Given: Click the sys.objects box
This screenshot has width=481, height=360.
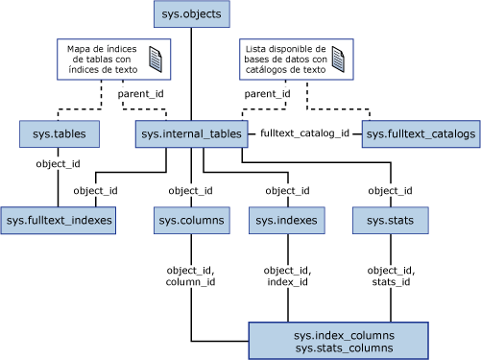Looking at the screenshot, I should [x=191, y=14].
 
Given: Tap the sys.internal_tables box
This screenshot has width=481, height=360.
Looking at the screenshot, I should [x=192, y=134].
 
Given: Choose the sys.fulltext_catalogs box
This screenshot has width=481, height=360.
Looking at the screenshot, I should [x=420, y=134].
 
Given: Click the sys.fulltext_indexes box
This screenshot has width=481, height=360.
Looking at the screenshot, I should [x=59, y=222].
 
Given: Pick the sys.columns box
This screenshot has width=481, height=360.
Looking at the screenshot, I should [x=191, y=222].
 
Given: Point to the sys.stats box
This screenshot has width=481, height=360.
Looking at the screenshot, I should [x=390, y=222].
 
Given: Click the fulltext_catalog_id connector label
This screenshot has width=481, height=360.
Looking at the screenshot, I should [x=305, y=134].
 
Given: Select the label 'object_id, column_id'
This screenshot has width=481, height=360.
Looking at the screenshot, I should [x=191, y=276].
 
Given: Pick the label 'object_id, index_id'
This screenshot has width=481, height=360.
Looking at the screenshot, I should [x=286, y=276].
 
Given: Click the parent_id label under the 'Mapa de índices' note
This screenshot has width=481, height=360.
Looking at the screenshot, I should [x=140, y=94].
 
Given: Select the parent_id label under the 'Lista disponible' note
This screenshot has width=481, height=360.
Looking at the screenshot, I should [x=267, y=94].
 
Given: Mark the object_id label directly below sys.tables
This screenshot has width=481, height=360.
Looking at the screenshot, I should [x=58, y=164].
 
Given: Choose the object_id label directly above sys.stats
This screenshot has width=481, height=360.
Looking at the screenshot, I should [x=390, y=190].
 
